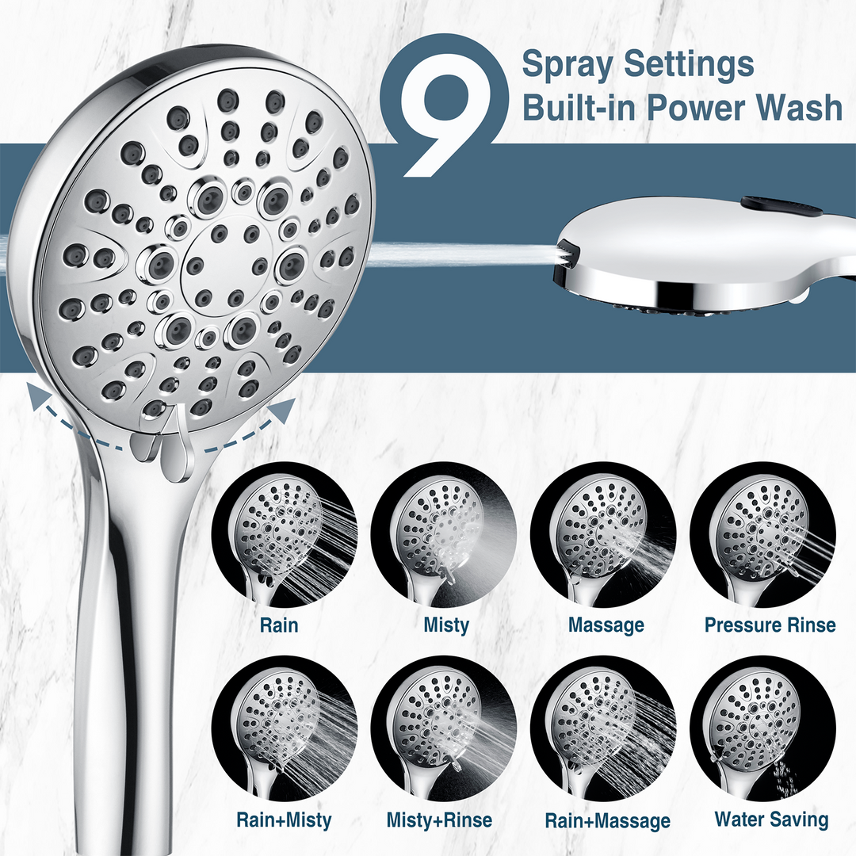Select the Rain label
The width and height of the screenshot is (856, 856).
pyautogui.click(x=279, y=625)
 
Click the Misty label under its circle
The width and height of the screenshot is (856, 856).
pyautogui.click(x=446, y=625)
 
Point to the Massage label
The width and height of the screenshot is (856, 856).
pyautogui.click(x=606, y=625)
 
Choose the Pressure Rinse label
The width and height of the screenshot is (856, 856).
pyautogui.click(x=770, y=625)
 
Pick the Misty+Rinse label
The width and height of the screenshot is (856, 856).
pyautogui.click(x=439, y=820)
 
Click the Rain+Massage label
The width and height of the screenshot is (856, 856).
pyautogui.click(x=607, y=820)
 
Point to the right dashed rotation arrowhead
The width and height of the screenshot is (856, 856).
pyautogui.click(x=284, y=409)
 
